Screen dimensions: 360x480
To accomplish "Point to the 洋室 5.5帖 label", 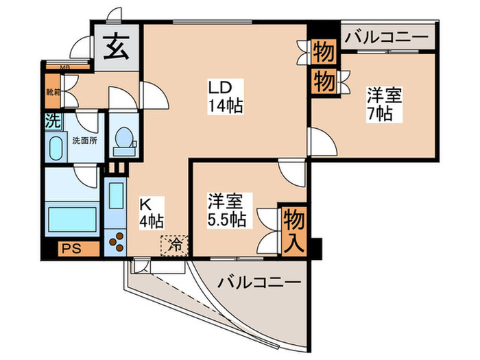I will [x=227, y=211].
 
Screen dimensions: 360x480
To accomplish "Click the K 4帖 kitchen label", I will [x=151, y=213].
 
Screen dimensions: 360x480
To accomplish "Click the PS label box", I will [x=71, y=248].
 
